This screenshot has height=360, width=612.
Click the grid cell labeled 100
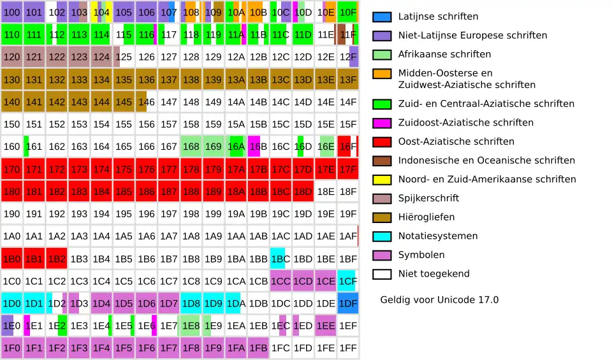pos(12,12)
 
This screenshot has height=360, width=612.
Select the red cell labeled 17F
pos(348,169)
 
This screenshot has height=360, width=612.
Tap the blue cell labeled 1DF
pos(348,303)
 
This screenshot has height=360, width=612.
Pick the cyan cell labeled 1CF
pos(348,281)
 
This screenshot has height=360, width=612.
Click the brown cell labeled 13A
pos(237,80)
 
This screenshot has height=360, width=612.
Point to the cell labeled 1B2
pos(57,259)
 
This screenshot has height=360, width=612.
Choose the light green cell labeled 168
pos(191,147)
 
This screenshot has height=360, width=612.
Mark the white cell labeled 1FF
pos(348,349)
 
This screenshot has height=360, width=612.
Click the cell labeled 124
pos(101,57)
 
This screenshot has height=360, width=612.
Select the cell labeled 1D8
pos(191,303)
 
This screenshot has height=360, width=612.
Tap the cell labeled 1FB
pos(258,349)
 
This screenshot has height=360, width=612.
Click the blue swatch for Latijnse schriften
pos(382,17)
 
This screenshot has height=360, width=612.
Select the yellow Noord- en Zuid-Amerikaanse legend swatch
pos(382,180)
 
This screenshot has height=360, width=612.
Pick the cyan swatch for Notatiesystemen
pos(382,236)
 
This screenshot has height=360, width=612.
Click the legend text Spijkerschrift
pos(428,198)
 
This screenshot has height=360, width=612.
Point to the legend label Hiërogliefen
pos(426,217)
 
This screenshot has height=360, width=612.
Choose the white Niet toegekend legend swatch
pos(382,274)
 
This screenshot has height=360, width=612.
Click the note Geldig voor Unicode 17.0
pos(439,299)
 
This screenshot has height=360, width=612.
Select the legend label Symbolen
pos(421,255)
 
